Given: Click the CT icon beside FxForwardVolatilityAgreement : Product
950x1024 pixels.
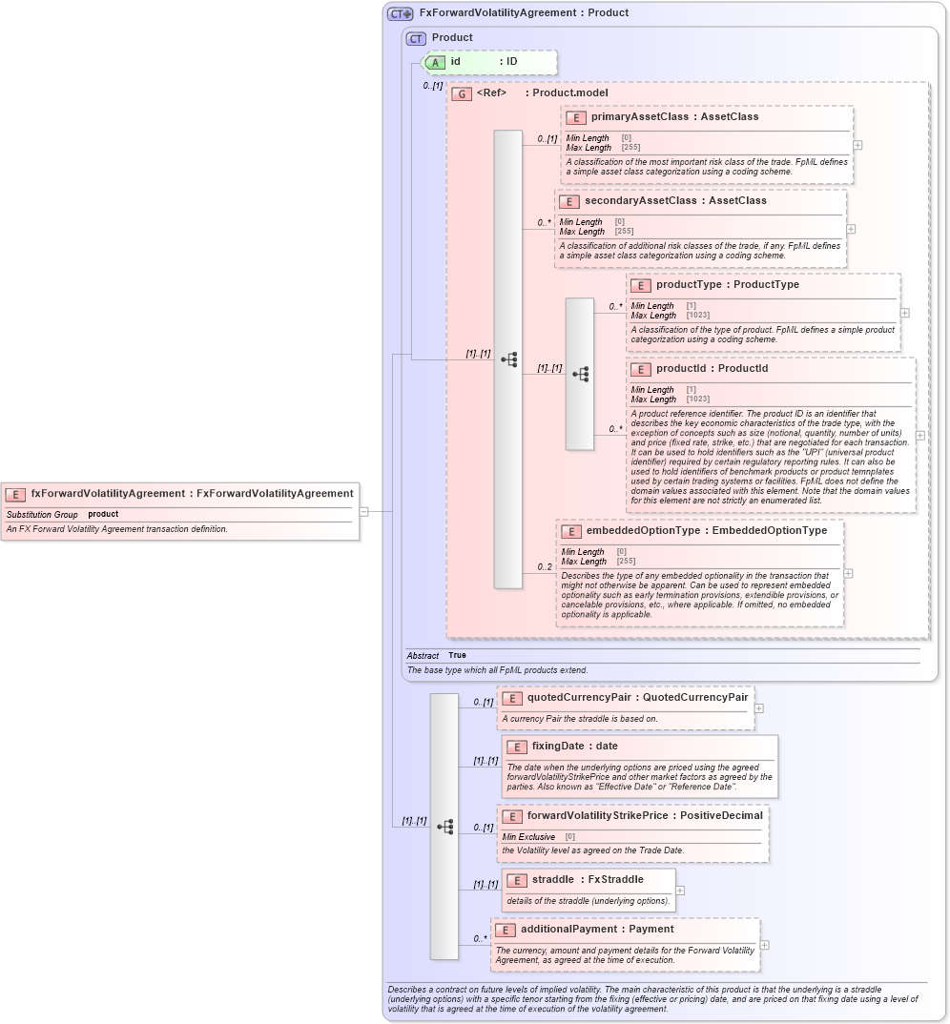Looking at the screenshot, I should [400, 13].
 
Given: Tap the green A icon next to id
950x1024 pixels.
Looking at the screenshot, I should [435, 62].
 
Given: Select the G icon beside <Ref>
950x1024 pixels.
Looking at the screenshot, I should [462, 93].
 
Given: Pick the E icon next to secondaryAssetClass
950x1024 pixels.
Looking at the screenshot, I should [569, 201].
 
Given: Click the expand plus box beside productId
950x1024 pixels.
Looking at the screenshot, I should [920, 435].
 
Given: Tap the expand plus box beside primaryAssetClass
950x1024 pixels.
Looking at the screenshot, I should [858, 145].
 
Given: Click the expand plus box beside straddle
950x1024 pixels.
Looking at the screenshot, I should [680, 891].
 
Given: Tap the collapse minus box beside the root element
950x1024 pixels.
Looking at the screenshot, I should [363, 511].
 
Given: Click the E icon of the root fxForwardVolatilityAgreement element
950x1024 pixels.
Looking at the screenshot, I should [15, 494].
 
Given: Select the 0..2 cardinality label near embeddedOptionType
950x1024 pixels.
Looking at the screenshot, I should [545, 567].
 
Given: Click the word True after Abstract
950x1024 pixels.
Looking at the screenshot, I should [457, 655].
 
